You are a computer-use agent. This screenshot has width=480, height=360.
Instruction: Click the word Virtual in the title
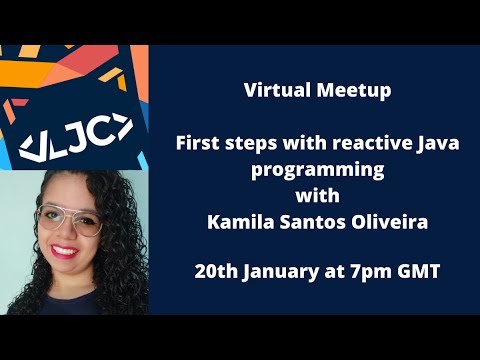pyautogui.click(x=273, y=91)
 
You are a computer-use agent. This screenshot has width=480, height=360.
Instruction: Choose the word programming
pyautogui.click(x=316, y=170)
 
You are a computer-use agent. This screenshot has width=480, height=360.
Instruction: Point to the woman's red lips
pyautogui.click(x=66, y=252)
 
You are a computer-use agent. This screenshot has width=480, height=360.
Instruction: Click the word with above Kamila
pyautogui.click(x=315, y=196)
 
